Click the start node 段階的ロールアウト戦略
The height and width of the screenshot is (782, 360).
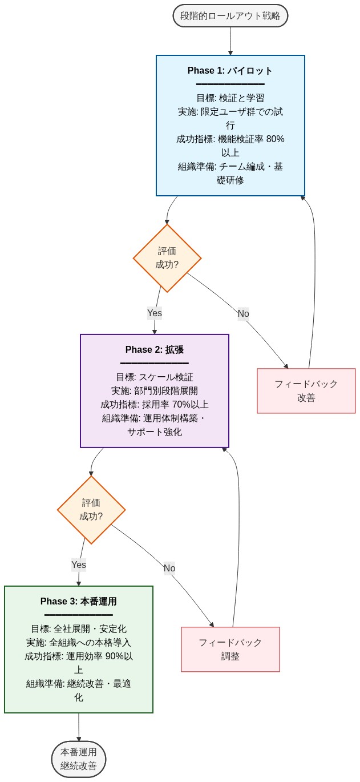pos(230,16)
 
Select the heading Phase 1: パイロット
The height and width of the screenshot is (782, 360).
pos(230,71)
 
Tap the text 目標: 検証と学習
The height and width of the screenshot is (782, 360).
pos(230,98)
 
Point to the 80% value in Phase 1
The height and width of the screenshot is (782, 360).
pos(275,139)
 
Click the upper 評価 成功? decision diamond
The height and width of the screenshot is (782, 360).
pos(167,258)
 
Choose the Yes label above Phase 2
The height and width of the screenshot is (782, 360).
pos(155,313)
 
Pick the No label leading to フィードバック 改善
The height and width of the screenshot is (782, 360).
pos(243,313)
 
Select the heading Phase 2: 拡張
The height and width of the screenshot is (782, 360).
pos(154,349)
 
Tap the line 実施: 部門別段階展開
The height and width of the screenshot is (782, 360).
pos(154,390)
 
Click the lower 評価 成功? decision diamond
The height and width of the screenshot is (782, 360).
pos(91,510)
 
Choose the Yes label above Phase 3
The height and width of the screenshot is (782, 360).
pos(79,565)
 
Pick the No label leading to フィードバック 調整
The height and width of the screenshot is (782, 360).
pos(169,568)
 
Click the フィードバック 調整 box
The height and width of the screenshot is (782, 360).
pos(230,649)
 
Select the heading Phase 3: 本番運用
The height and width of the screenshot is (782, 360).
pos(79,601)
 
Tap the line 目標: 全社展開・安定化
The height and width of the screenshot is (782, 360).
pos(79,628)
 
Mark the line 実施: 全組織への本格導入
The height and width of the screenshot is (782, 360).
pos(79,642)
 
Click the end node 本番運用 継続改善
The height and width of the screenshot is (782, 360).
pos(79,759)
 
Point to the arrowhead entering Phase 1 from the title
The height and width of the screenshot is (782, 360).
pos(230,53)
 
